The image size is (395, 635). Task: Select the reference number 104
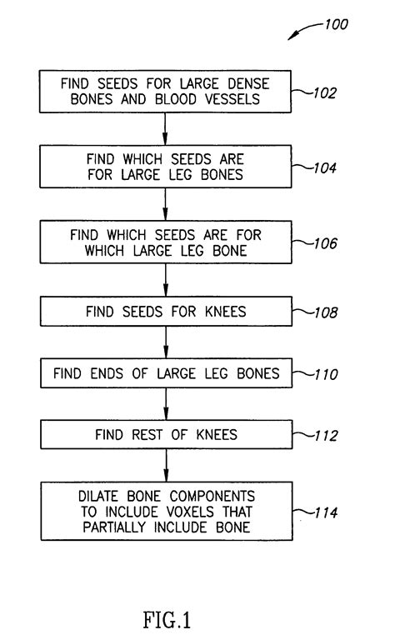pyautogui.click(x=322, y=167)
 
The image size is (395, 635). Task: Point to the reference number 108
pyautogui.click(x=323, y=313)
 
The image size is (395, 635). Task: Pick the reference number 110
pyautogui.click(x=323, y=374)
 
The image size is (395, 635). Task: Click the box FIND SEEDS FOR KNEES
pyautogui.click(x=165, y=312)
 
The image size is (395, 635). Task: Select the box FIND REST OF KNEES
pyautogui.click(x=165, y=433)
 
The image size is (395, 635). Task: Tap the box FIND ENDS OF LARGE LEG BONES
pyautogui.click(x=165, y=373)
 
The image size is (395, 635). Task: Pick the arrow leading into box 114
pyautogui.click(x=165, y=464)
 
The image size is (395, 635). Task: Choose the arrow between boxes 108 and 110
pyautogui.click(x=165, y=342)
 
